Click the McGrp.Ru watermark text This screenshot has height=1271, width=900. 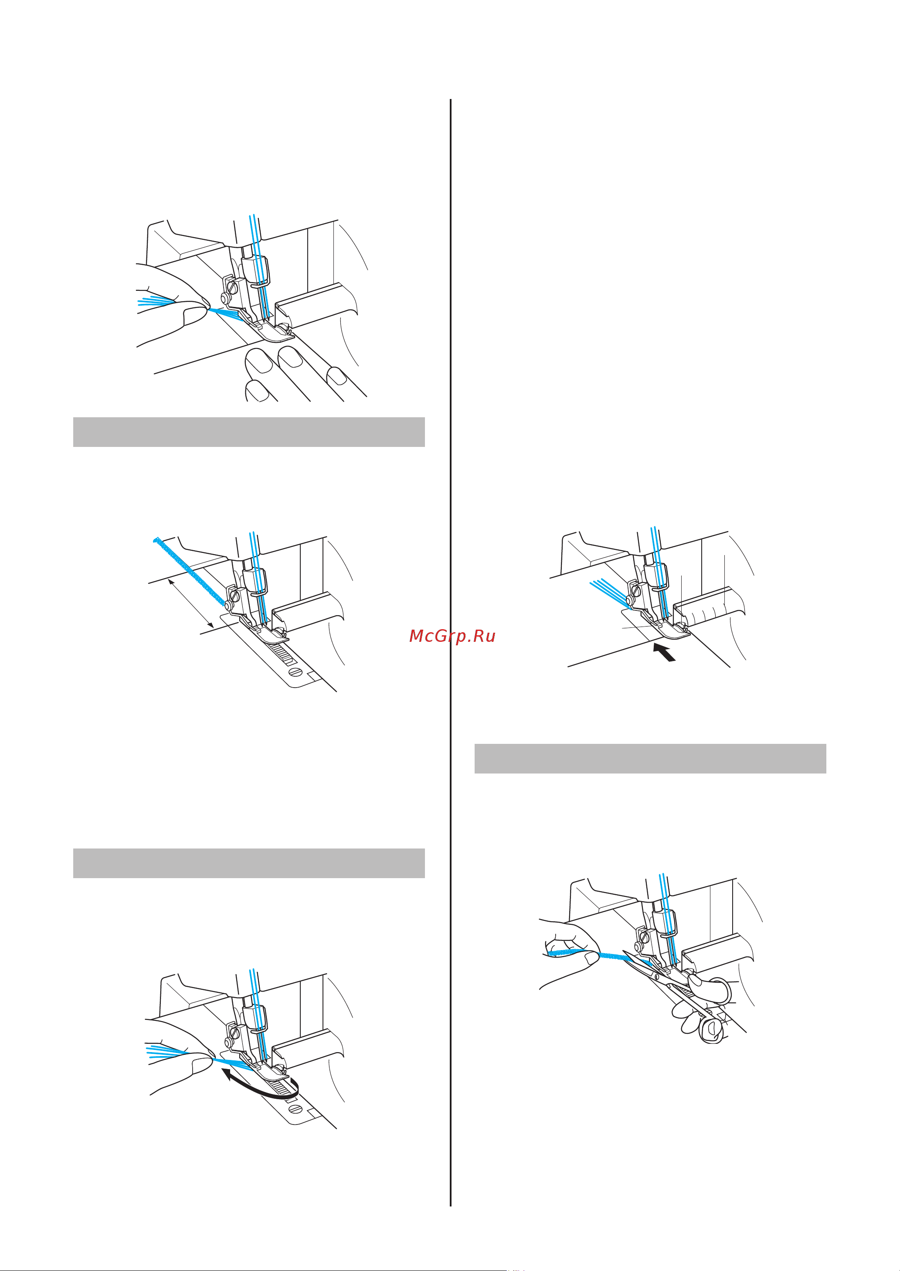452,636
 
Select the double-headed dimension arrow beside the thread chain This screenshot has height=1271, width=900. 190,602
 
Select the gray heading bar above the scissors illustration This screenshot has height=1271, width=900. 650,758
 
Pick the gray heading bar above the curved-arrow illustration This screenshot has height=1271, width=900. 249,863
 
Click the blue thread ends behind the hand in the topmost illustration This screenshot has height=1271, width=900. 155,301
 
